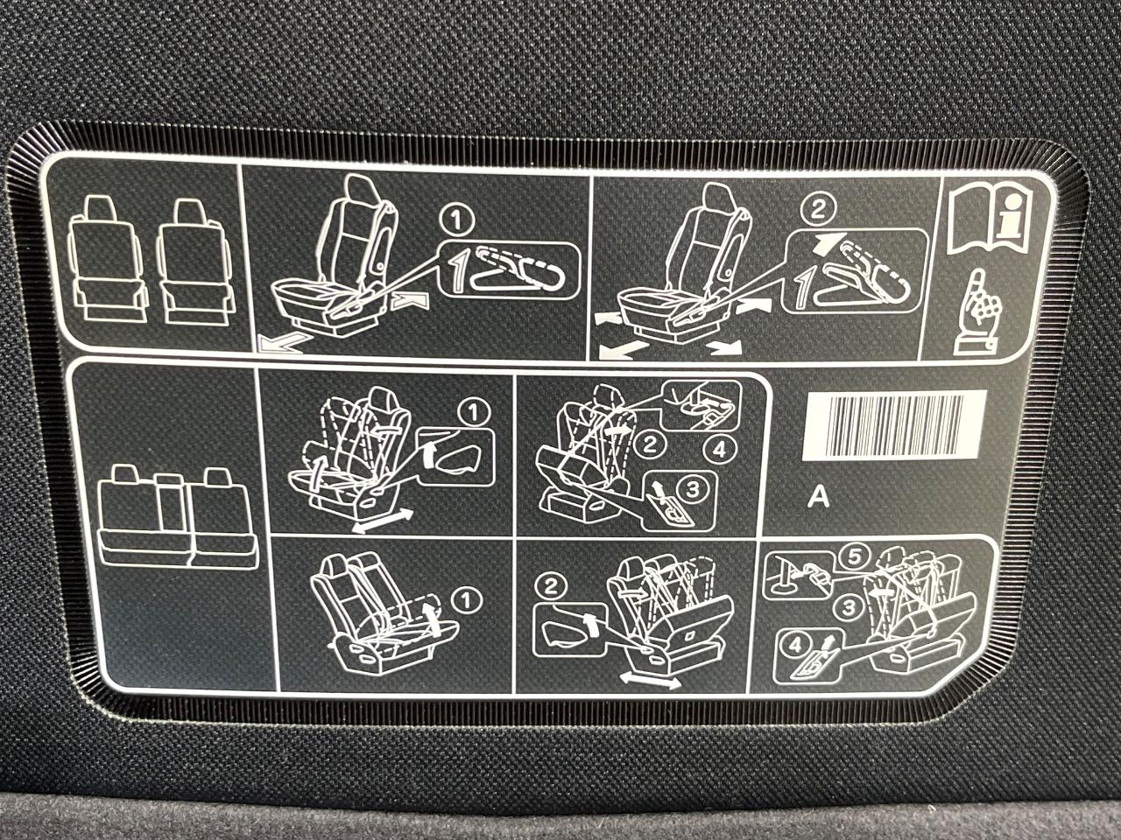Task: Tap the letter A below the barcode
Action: pos(819,497)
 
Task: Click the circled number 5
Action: pos(853,558)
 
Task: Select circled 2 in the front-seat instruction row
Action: pos(818,210)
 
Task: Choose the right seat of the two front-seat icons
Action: pos(195,261)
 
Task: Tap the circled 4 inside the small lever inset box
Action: pos(796,645)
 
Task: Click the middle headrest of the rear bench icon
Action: pos(168,480)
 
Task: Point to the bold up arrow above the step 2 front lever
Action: pos(826,245)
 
